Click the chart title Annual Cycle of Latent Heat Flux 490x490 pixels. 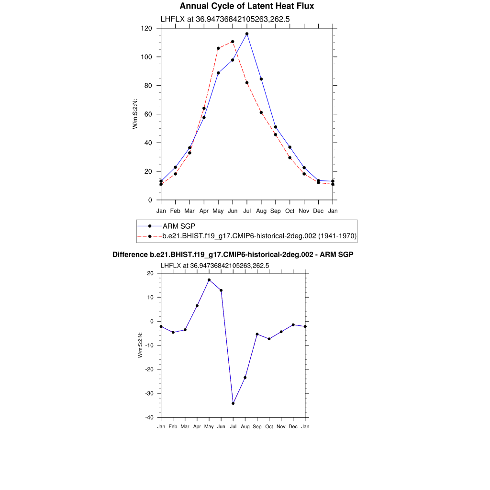coord(246,6)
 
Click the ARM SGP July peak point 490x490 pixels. coord(247,34)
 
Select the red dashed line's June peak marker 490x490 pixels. coord(233,42)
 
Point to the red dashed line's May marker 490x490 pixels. coord(218,48)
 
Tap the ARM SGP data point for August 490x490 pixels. coord(261,79)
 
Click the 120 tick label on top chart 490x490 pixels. coord(146,29)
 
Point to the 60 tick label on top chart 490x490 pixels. coord(148,114)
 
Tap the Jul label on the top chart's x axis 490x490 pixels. coord(247,211)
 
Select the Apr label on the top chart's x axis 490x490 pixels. coord(204,211)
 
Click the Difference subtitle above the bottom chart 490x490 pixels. coord(233,255)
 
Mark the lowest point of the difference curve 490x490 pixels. coord(233,403)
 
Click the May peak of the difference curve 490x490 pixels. coord(209,280)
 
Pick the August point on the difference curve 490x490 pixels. coord(245,378)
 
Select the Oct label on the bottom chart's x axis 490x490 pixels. coord(269,426)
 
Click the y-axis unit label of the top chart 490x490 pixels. coord(135,114)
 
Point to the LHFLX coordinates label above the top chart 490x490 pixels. coord(225,19)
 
